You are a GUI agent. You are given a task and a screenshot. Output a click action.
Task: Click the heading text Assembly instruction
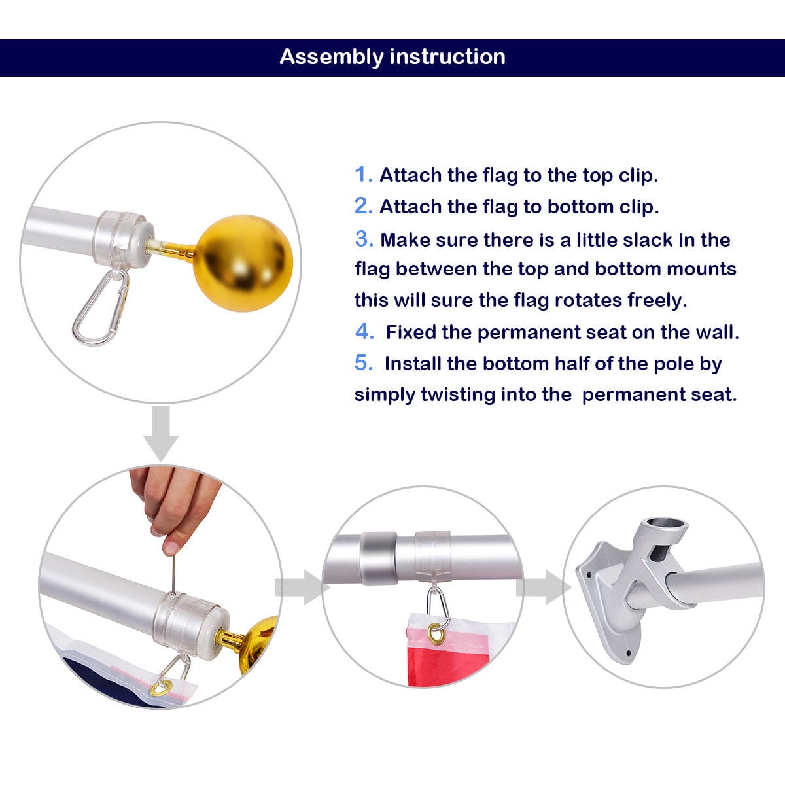[392, 57]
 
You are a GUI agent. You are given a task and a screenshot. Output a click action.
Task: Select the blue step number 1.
[363, 175]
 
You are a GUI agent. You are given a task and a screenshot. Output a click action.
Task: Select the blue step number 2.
[363, 206]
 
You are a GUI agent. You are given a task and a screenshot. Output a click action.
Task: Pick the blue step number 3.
[364, 239]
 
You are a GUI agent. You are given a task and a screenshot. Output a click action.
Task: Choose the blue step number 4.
[364, 332]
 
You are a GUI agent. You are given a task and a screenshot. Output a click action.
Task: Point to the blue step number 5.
[364, 363]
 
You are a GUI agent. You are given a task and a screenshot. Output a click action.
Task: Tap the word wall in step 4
[716, 332]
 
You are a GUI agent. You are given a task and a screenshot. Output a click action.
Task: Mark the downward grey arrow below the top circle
[160, 432]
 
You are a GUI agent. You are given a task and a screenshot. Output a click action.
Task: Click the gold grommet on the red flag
[434, 632]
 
